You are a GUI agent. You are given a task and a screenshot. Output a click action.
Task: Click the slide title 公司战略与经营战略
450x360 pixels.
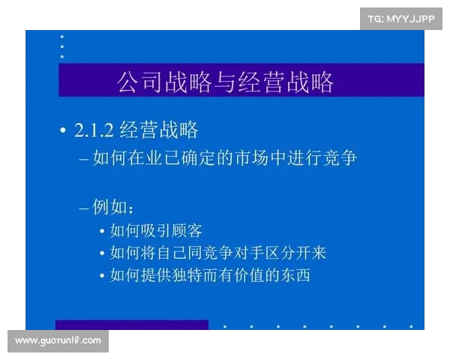tap(225, 82)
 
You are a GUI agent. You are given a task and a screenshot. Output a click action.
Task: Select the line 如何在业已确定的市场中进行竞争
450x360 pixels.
tap(225, 160)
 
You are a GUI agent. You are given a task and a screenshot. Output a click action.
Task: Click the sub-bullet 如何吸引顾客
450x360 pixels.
tap(156, 230)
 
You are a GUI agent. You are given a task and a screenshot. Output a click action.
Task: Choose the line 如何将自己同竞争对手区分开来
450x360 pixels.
tap(217, 253)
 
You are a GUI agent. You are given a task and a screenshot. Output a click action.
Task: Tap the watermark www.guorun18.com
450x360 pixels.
tap(58, 341)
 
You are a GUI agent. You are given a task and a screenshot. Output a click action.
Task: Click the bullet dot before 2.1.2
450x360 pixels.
tap(63, 131)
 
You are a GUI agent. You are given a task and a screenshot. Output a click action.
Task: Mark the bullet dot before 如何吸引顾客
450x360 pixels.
tap(102, 231)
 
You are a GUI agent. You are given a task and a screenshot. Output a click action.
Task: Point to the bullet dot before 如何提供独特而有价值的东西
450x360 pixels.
tap(102, 276)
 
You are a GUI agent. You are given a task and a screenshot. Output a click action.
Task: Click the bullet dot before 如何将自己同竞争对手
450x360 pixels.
tap(102, 253)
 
